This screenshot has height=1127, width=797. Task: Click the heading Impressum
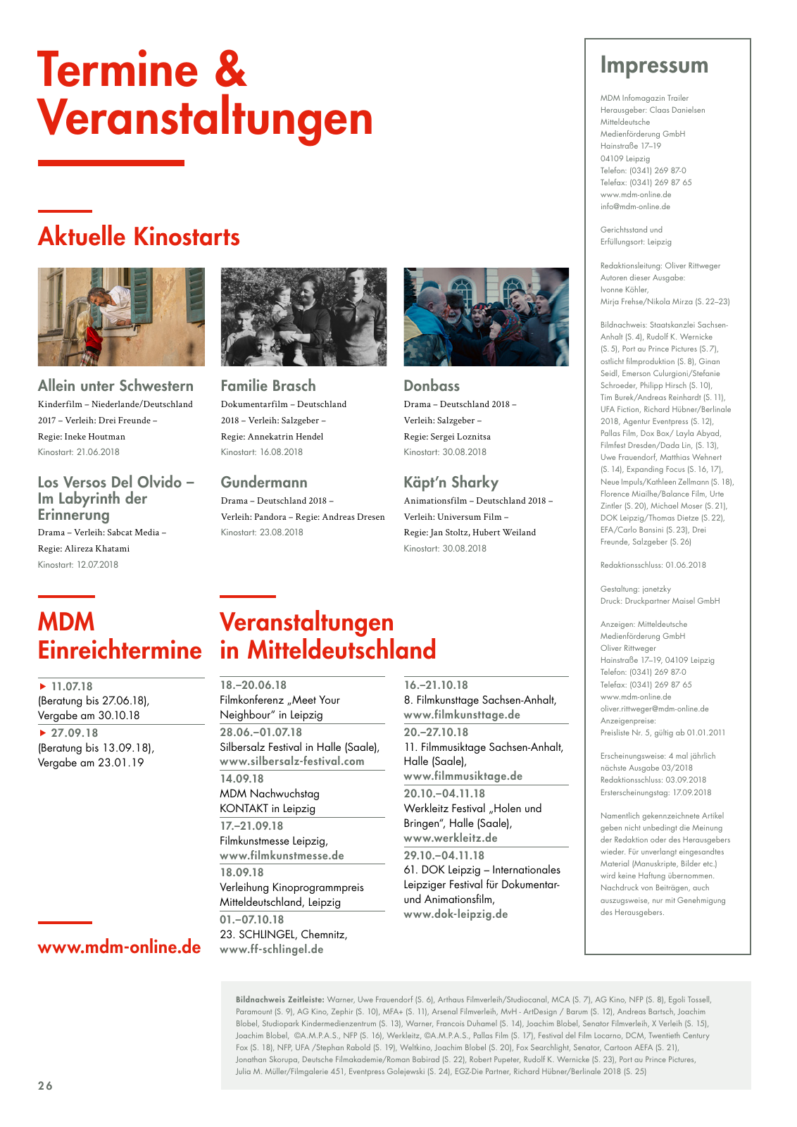(x=654, y=66)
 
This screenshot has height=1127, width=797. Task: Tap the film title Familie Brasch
(x=268, y=386)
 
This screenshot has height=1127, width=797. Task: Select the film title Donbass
(x=432, y=386)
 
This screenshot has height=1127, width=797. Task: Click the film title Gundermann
(x=264, y=482)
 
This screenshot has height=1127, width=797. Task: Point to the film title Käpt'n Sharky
(x=451, y=482)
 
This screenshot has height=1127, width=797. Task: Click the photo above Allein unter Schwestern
(x=121, y=317)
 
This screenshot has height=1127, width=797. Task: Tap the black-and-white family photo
(x=303, y=317)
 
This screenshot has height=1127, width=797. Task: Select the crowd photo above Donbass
(x=486, y=317)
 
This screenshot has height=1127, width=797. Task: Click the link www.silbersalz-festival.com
(x=292, y=761)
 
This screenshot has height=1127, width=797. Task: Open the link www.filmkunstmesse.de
(x=282, y=856)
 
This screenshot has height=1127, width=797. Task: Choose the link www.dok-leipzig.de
(x=456, y=914)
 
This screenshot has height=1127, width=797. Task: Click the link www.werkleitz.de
(x=451, y=838)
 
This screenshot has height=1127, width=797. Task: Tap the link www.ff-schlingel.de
(x=272, y=949)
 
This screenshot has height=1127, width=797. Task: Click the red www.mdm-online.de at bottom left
(x=120, y=947)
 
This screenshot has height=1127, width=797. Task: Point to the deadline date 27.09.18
(x=74, y=733)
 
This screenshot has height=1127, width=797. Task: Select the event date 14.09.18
(x=241, y=779)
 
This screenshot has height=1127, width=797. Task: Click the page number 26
(x=45, y=1086)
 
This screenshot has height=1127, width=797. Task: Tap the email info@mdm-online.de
(x=635, y=207)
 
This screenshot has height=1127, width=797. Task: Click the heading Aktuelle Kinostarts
(x=139, y=237)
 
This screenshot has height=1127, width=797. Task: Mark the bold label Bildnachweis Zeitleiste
(x=280, y=1000)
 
